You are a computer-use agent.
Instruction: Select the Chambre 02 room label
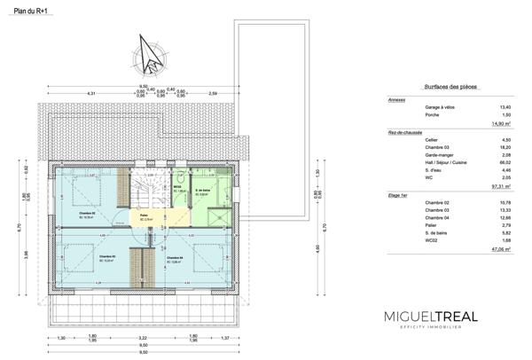click(x=88, y=214)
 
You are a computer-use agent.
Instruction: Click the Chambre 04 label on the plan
click(x=176, y=259)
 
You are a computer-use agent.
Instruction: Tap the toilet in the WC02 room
click(x=178, y=176)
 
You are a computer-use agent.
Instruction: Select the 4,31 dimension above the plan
click(x=90, y=92)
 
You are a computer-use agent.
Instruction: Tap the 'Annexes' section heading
click(x=397, y=100)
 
